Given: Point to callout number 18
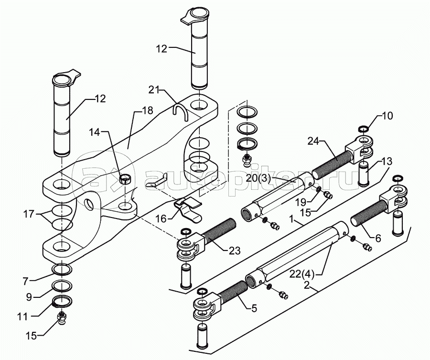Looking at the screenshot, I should click(x=148, y=110).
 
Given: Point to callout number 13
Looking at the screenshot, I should click(x=386, y=161).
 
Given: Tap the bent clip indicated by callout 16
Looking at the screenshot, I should click(x=188, y=207).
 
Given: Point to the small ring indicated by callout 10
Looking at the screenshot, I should click(x=363, y=128).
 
